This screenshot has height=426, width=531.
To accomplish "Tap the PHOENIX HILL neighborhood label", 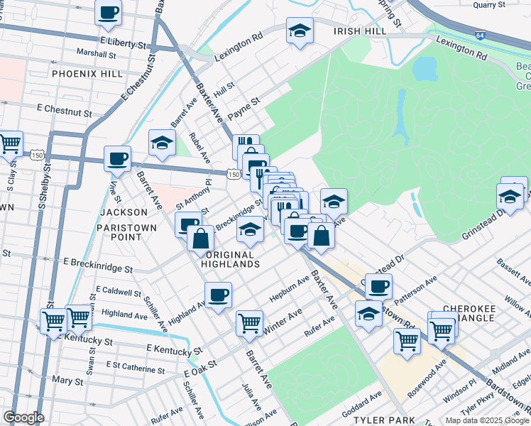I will pyautogui.click(x=84, y=73).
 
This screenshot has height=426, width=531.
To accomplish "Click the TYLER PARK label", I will pyautogui.click(x=383, y=420).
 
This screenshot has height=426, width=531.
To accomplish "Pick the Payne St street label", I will pyautogui.click(x=243, y=106).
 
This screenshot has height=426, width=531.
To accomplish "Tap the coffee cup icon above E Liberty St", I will pyautogui.click(x=109, y=12).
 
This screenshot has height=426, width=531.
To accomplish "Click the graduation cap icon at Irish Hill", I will pyautogui.click(x=300, y=31).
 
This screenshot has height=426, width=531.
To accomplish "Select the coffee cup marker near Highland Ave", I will pyautogui.click(x=219, y=294).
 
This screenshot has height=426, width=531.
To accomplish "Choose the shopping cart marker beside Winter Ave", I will pyautogui.click(x=249, y=323).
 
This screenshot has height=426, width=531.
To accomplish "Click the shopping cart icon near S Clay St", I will pyautogui.click(x=10, y=144).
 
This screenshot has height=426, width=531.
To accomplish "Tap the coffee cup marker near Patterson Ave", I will pyautogui.click(x=379, y=286).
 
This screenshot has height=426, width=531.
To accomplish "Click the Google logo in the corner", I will pyautogui.click(x=23, y=417).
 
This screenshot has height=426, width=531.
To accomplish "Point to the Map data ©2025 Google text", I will pyautogui.click(x=487, y=420).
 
